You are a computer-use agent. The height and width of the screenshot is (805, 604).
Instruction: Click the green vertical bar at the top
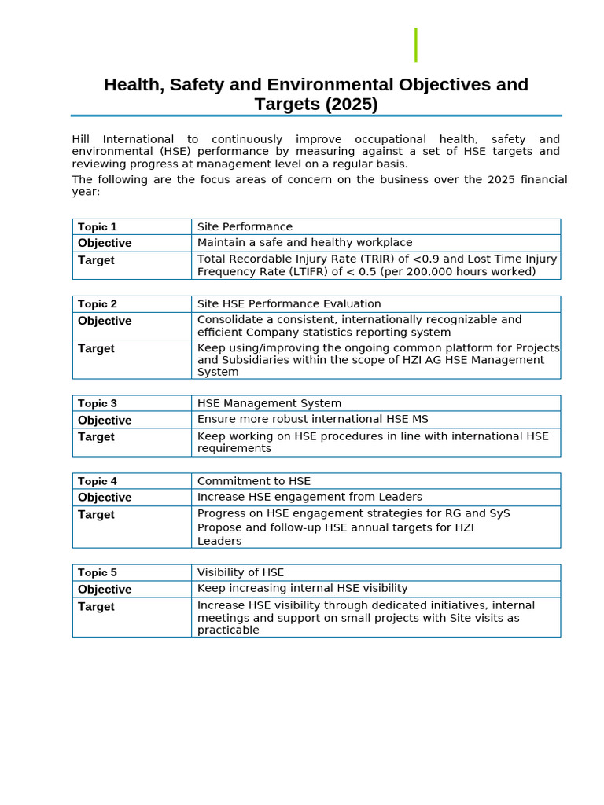(415, 45)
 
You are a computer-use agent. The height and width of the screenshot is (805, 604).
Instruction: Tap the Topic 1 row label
(98, 227)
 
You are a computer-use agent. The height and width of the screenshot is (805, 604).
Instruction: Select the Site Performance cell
(245, 226)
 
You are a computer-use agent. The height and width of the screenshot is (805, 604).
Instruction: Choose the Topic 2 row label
(98, 304)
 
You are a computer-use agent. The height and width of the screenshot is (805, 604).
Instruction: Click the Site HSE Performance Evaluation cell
(289, 303)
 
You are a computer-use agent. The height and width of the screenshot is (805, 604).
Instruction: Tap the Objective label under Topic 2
(105, 321)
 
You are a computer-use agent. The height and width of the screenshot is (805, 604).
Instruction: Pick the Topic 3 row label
(98, 403)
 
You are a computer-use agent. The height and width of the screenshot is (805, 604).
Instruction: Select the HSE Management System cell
(269, 403)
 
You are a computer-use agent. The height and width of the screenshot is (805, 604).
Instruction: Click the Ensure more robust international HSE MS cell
(312, 419)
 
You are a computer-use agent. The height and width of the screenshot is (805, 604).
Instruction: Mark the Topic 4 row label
(98, 481)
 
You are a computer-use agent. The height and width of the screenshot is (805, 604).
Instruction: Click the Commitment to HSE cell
(253, 481)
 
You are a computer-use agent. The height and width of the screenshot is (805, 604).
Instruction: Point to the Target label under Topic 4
(96, 514)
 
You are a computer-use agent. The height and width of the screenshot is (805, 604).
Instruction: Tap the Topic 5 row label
(98, 572)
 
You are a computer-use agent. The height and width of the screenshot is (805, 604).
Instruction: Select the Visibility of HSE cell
(240, 572)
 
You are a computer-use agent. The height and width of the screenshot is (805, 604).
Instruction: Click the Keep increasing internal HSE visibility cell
(302, 588)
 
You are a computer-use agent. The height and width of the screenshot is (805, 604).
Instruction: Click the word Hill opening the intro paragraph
(81, 139)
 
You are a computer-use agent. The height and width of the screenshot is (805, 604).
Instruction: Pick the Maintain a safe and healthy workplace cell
(304, 242)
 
